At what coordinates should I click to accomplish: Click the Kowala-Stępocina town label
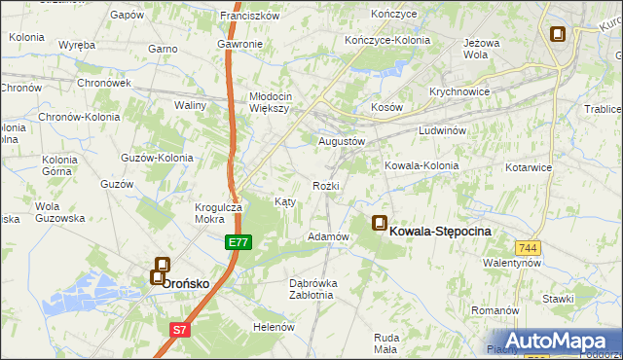440,232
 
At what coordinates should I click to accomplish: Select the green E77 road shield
238,241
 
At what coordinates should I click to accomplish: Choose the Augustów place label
342,141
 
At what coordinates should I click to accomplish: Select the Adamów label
328,236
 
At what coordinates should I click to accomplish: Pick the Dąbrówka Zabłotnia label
313,289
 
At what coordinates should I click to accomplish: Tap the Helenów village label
274,327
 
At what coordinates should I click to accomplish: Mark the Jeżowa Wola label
489,50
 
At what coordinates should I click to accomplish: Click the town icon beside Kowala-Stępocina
379,224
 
